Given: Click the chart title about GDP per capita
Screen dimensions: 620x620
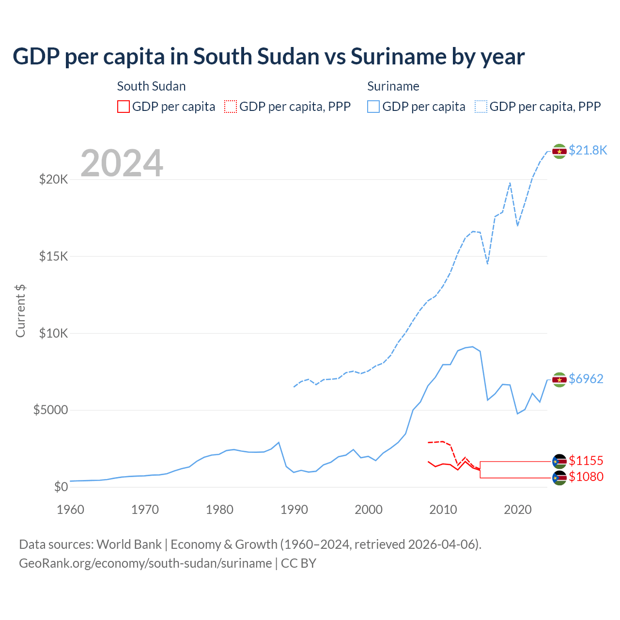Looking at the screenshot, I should (268, 57).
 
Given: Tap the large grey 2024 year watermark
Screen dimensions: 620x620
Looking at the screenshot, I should (122, 163).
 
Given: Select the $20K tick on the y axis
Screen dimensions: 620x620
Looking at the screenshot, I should (54, 180).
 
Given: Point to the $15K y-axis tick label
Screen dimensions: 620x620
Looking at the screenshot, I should (54, 256).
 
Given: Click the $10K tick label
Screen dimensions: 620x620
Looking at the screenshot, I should (54, 333).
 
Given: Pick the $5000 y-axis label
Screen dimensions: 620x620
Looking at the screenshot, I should (51, 410).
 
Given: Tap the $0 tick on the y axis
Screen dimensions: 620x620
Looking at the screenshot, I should (61, 487).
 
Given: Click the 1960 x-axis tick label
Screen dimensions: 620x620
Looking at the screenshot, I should (71, 510).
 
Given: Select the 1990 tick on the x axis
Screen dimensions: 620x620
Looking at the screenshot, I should (294, 510).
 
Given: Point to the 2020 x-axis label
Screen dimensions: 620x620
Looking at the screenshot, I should (518, 510).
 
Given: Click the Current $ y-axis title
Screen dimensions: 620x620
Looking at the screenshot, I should (20, 311).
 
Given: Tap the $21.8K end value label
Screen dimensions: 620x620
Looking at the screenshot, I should (588, 150).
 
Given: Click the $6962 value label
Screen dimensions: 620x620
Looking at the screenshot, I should (586, 379).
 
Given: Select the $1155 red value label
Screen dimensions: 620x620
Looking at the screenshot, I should (586, 461).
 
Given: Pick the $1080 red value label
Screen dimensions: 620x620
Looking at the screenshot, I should (586, 477).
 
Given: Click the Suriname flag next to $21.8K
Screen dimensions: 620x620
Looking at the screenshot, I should (559, 151).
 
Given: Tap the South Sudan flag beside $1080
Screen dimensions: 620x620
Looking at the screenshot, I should (559, 478).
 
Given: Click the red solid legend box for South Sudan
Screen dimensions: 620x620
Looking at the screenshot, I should (124, 107).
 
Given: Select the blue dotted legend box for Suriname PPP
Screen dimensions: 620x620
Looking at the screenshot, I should (481, 107).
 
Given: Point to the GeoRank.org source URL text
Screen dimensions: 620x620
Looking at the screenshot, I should (145, 563).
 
